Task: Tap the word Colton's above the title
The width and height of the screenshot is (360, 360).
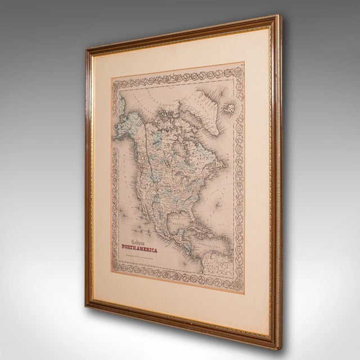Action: (x=138, y=226)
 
